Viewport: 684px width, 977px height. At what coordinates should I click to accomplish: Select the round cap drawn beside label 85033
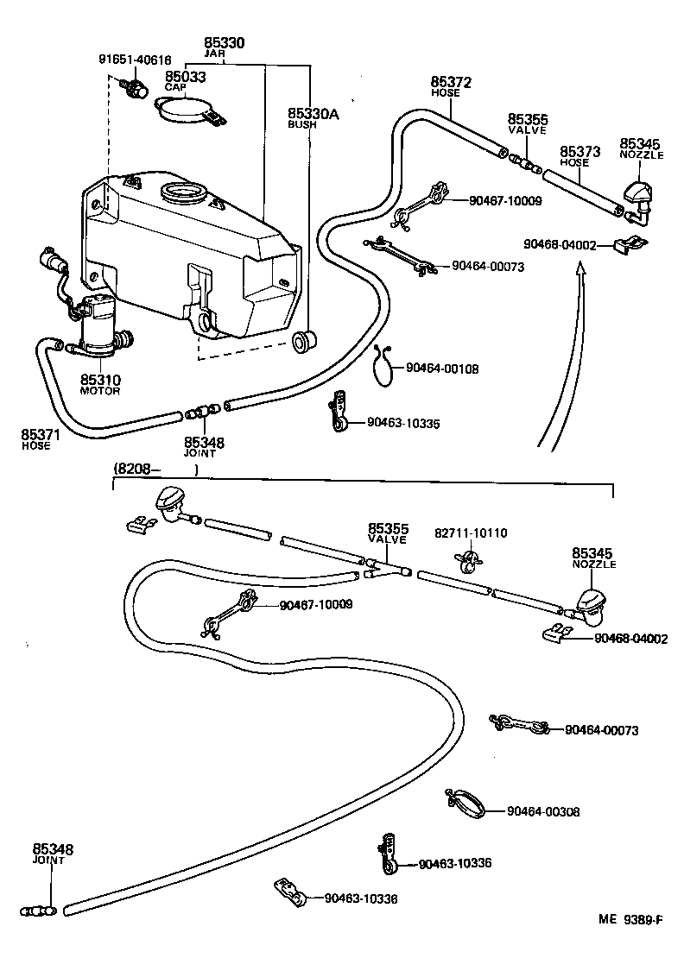coord(183,110)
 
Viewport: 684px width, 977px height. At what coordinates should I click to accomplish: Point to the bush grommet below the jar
coord(302,341)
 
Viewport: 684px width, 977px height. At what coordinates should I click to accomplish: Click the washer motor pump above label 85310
coord(98,325)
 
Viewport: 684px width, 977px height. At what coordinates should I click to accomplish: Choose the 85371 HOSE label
coord(36,439)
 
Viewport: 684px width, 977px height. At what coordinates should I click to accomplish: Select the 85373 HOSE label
coord(574,155)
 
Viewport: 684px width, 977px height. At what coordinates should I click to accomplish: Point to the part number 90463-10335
coord(403,423)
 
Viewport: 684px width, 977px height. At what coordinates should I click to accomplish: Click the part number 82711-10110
coord(471,533)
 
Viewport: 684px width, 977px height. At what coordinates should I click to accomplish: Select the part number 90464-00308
coord(543,811)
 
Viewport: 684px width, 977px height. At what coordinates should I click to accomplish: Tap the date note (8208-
coord(134,470)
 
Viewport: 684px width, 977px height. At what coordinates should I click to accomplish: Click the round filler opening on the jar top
coord(181,191)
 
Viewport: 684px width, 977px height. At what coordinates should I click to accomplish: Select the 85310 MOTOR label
coord(100,384)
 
